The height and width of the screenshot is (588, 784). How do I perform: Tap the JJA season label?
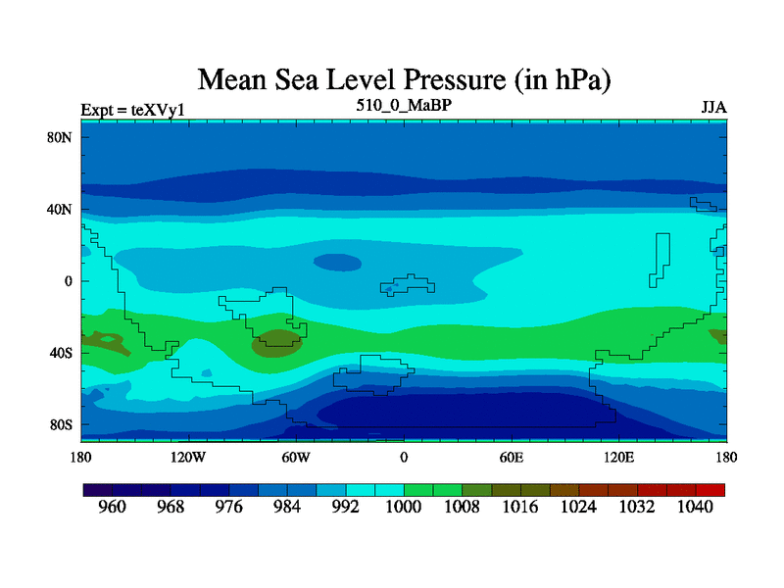pyautogui.click(x=713, y=107)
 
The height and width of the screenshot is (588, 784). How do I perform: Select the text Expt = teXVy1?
pyautogui.click(x=132, y=111)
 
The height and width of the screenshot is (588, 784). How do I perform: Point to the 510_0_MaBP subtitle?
pyautogui.click(x=404, y=104)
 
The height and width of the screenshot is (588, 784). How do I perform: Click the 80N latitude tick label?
pyautogui.click(x=61, y=137)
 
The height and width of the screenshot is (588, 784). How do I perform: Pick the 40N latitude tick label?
pyautogui.click(x=61, y=210)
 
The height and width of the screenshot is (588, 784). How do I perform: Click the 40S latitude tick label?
pyautogui.click(x=61, y=353)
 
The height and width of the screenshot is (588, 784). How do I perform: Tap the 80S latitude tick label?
pyautogui.click(x=61, y=425)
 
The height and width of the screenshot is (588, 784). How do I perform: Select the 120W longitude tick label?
pyautogui.click(x=188, y=457)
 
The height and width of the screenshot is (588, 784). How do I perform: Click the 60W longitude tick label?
pyautogui.click(x=296, y=457)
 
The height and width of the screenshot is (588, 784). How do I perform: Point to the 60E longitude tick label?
pyautogui.click(x=512, y=457)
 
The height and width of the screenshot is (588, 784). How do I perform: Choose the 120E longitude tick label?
pyautogui.click(x=619, y=457)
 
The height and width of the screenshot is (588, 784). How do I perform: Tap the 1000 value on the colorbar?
pyautogui.click(x=404, y=508)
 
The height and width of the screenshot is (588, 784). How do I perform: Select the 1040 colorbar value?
pyautogui.click(x=696, y=508)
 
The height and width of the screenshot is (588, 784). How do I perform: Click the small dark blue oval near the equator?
pyautogui.click(x=336, y=263)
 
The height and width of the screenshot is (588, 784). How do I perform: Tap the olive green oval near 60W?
pyautogui.click(x=277, y=342)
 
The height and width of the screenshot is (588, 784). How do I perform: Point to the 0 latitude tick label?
pyautogui.click(x=69, y=281)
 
